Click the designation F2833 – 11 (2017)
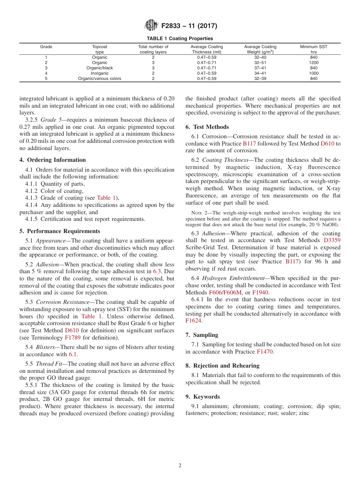tap(189, 26)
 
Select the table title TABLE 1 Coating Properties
tap(180, 39)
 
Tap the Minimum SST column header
tap(313, 49)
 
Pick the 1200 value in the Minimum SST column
tap(313, 63)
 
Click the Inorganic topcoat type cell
tap(100, 73)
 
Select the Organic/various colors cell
tap(100, 78)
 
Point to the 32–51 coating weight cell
tap(260, 63)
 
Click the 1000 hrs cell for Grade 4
tap(313, 73)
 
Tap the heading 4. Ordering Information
tap(53, 160)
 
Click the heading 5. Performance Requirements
tap(60, 231)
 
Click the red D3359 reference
tap(332, 241)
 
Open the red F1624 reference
tap(194, 321)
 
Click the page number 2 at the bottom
tap(180, 466)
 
